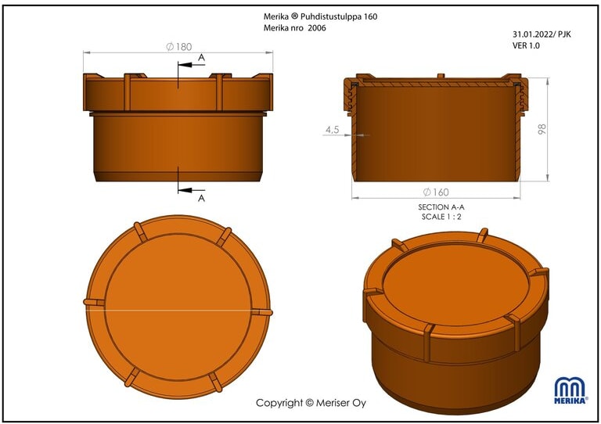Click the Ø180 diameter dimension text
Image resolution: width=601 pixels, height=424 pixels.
pyautogui.click(x=179, y=47)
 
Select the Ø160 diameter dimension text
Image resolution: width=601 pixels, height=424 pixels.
pyautogui.click(x=436, y=192)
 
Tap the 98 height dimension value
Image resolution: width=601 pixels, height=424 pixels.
pyautogui.click(x=542, y=129)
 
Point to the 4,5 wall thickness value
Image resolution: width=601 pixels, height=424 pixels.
pyautogui.click(x=333, y=130)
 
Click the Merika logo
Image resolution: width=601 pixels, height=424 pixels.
pyautogui.click(x=570, y=390)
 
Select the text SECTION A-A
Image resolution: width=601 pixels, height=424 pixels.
pyautogui.click(x=441, y=207)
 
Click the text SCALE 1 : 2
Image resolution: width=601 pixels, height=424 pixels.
pyautogui.click(x=441, y=217)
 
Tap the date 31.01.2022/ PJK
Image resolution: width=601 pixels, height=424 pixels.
pyautogui.click(x=542, y=34)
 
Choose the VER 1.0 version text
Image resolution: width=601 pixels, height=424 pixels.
pyautogui.click(x=526, y=45)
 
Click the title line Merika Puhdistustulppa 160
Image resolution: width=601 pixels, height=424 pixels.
pyautogui.click(x=320, y=16)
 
